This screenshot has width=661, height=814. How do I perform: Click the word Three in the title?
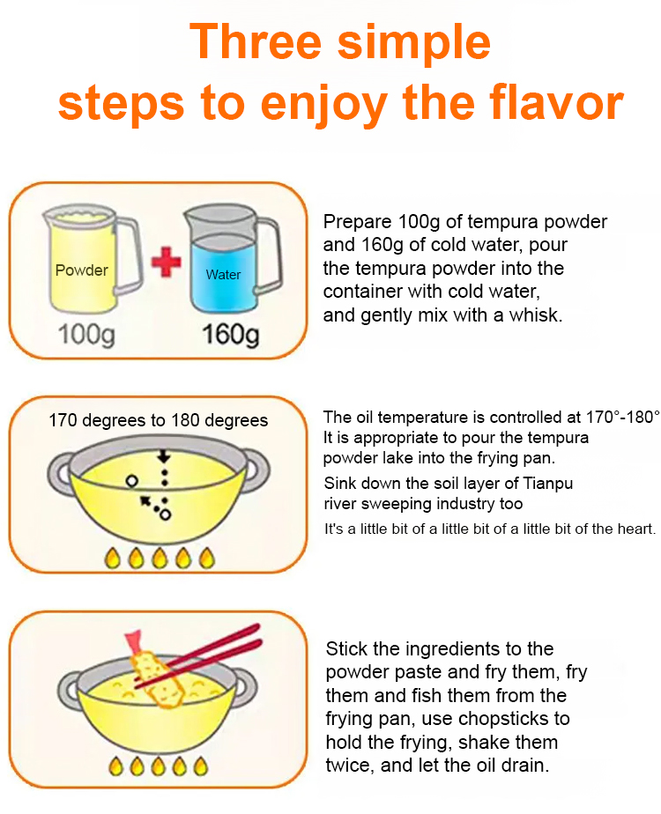(x=256, y=42)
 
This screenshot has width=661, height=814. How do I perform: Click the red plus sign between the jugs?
(x=167, y=261)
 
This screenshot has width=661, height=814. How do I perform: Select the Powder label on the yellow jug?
(x=81, y=270)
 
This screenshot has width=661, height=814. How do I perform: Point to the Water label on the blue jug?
(x=223, y=274)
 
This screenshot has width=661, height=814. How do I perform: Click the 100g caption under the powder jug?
(x=86, y=335)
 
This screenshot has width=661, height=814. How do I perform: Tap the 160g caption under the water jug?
(x=230, y=335)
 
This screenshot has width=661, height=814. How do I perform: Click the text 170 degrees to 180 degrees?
(x=159, y=420)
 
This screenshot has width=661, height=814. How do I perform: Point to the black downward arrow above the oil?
(x=164, y=456)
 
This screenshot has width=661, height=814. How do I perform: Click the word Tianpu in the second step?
(x=548, y=484)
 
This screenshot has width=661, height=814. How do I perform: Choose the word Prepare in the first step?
(x=357, y=222)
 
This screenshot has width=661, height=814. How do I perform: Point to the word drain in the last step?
(x=523, y=766)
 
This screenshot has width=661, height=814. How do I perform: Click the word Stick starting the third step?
(x=346, y=649)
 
